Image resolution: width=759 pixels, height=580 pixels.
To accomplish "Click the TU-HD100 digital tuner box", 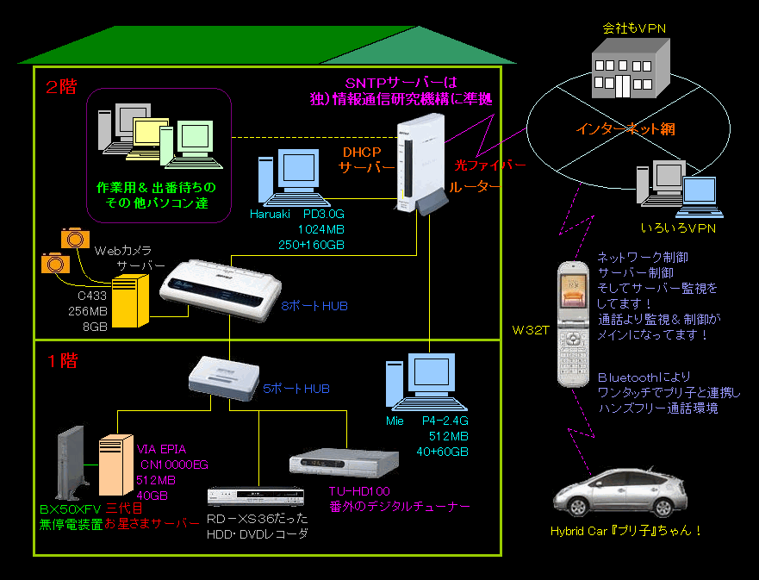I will (345, 465).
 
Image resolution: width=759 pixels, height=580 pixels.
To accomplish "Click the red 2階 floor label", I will (61, 86).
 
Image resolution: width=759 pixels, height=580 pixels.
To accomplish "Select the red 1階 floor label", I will (61, 360).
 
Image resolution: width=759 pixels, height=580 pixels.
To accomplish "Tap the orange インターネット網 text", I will (625, 129).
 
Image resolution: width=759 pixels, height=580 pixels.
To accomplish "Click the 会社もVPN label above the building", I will (634, 28).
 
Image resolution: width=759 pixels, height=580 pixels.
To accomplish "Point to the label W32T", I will (530, 329).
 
